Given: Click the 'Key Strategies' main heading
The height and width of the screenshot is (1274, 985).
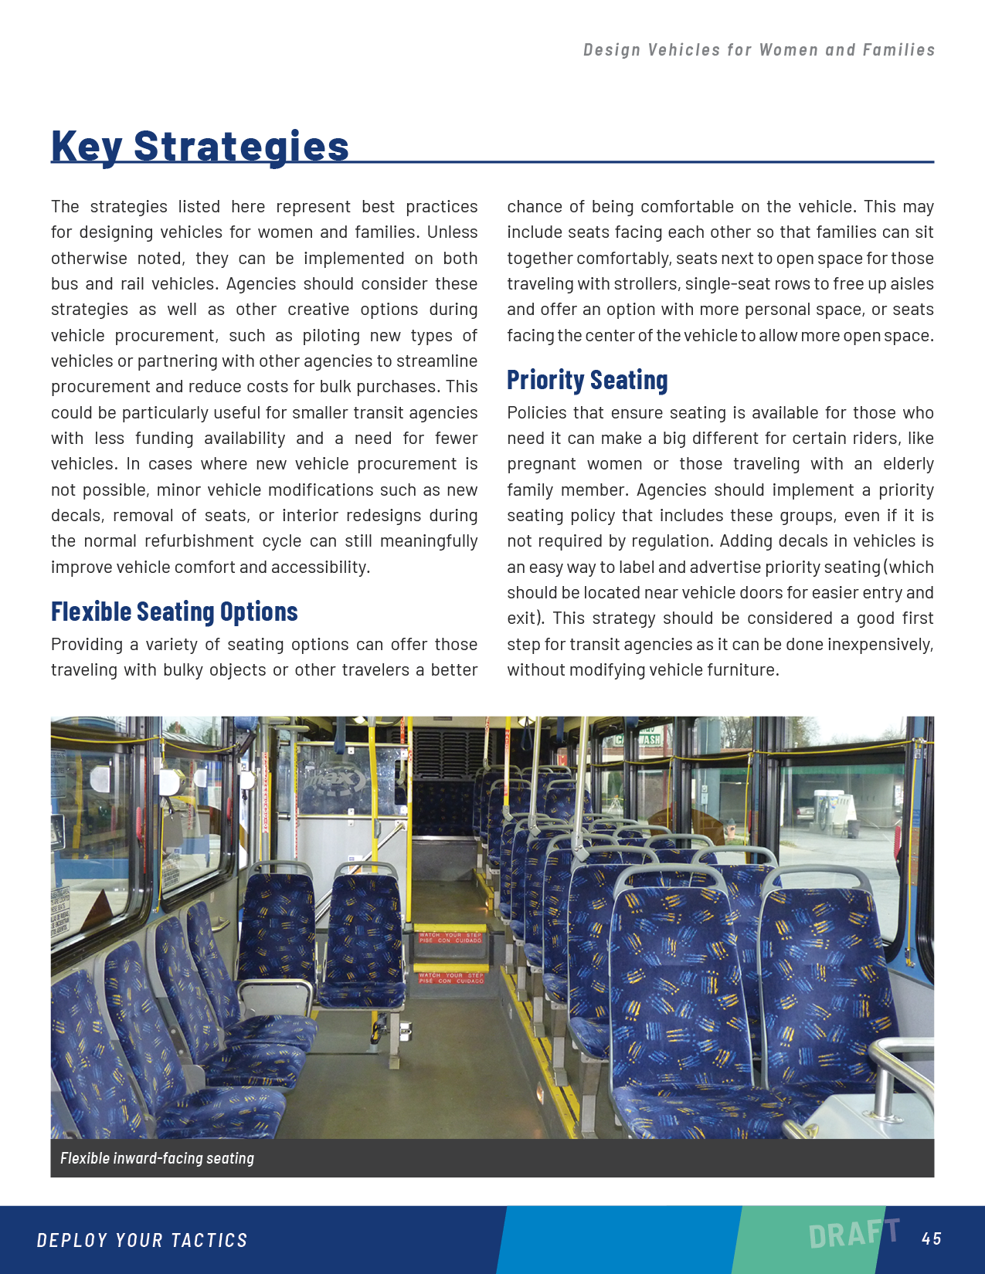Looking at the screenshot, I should pos(200,146).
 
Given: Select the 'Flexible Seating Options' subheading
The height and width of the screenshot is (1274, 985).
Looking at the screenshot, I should pos(174,612).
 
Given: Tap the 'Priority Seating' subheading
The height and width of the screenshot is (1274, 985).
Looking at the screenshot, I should pos(587,380).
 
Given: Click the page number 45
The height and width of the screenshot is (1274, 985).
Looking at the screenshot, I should pos(932,1238).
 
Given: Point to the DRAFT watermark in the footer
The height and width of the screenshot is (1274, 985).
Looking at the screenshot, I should pos(854,1233).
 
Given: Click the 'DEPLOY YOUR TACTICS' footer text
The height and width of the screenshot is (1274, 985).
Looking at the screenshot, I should pos(142,1240).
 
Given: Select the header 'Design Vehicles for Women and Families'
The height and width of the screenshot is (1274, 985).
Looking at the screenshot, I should pos(759,50).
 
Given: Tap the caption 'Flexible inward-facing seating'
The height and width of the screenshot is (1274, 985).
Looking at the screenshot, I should pos(157,1158).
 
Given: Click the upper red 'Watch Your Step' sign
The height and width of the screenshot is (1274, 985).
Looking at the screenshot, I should pos(451,937).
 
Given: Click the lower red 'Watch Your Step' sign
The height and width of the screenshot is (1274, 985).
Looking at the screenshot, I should pos(451,978).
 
